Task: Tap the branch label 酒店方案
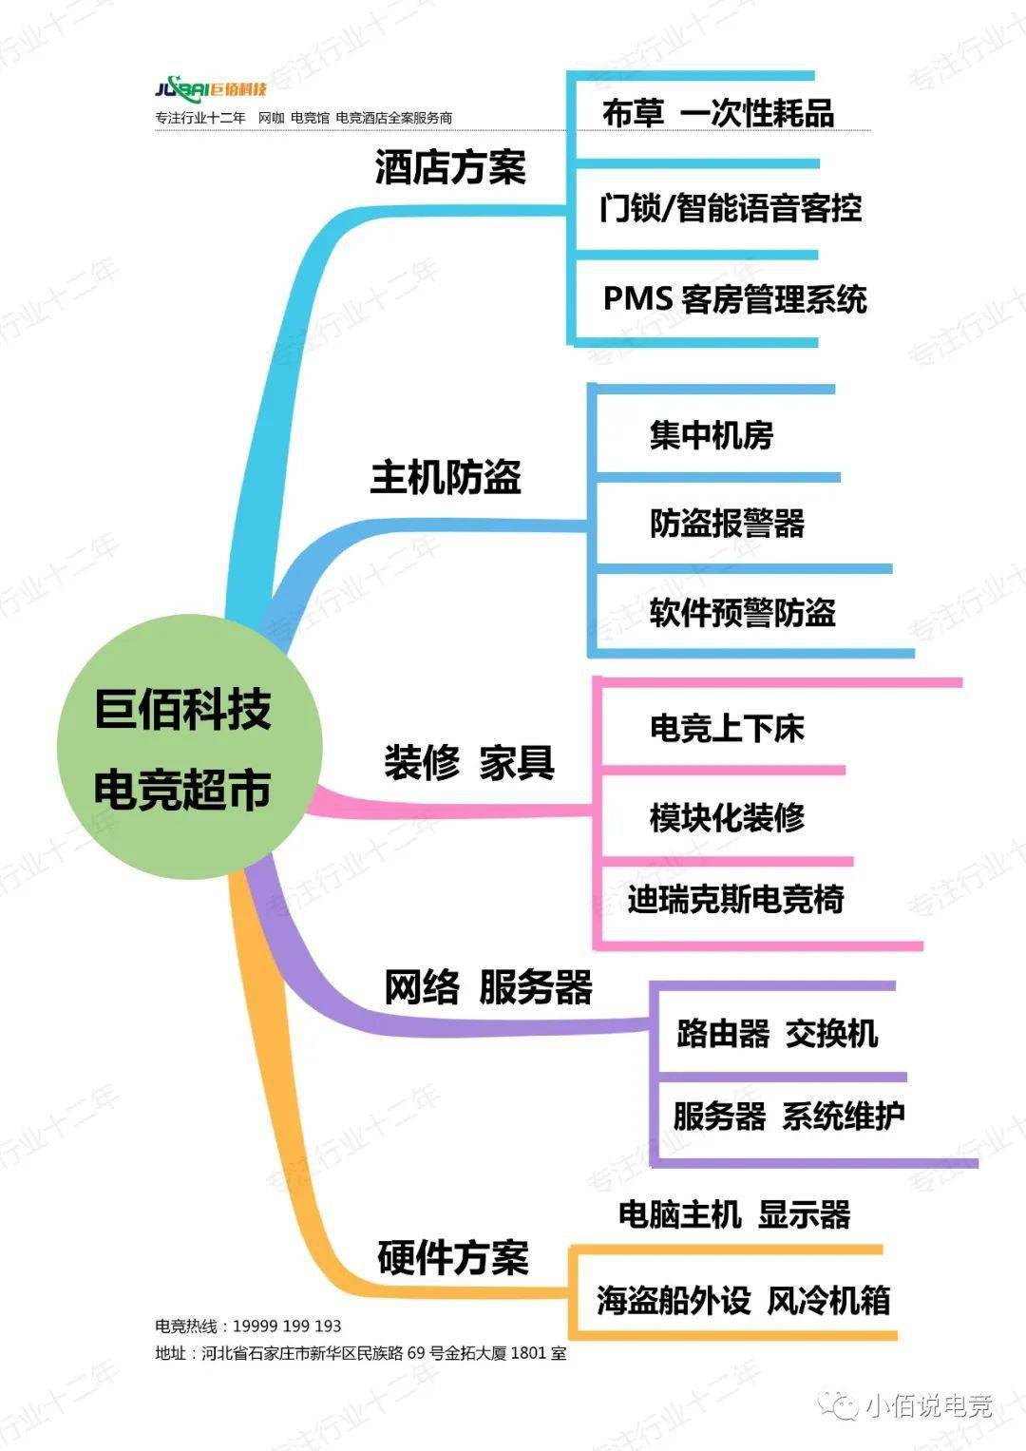(x=450, y=168)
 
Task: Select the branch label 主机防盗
(x=446, y=476)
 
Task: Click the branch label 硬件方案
(x=453, y=1257)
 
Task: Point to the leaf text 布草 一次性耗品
(x=718, y=113)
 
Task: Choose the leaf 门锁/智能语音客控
(x=731, y=207)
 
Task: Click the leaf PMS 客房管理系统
(x=735, y=299)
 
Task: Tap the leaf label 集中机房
(x=712, y=435)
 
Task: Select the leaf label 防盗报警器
(x=728, y=523)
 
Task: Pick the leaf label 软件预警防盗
(x=743, y=613)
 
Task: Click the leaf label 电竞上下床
(x=728, y=729)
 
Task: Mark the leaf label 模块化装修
(x=728, y=817)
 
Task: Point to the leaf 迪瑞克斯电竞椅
(x=735, y=899)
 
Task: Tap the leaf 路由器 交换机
(x=777, y=1033)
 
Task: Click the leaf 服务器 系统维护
(x=788, y=1116)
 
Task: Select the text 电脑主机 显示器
(x=734, y=1214)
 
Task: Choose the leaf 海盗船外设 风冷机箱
(x=744, y=1300)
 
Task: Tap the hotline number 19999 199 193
(x=287, y=1326)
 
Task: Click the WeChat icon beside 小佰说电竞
(x=841, y=1404)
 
